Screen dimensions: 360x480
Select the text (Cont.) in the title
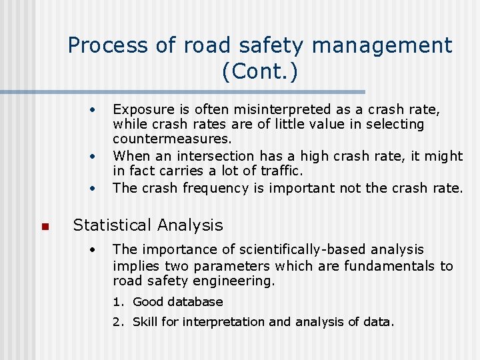[260, 71]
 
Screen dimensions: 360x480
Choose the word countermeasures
[172, 140]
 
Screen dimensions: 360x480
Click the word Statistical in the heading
[111, 225]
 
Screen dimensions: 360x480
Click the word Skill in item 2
[145, 322]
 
